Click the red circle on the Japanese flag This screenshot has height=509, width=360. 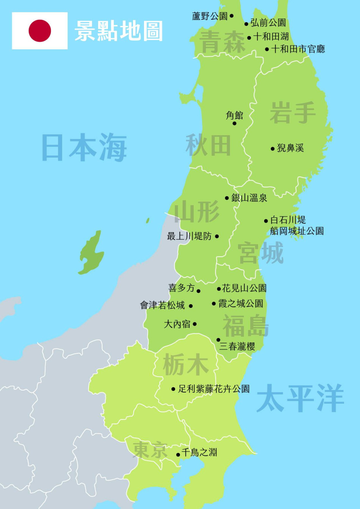[40, 31]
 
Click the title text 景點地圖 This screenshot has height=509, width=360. [119, 31]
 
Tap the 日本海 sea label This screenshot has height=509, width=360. [84, 148]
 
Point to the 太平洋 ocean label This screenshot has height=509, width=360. [300, 398]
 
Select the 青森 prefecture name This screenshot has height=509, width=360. [223, 42]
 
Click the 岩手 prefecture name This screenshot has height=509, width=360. [293, 113]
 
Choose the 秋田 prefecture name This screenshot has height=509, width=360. [208, 145]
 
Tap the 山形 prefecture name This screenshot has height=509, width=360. [197, 212]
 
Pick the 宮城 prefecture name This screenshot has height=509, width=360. [261, 253]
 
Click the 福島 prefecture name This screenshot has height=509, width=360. [246, 326]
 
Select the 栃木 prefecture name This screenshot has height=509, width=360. [186, 365]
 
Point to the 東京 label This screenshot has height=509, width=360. [150, 450]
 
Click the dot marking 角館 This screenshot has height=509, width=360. [234, 123]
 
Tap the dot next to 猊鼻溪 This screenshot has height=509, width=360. [272, 149]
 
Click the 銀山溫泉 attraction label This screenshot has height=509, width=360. [249, 198]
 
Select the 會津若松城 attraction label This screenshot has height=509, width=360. [163, 305]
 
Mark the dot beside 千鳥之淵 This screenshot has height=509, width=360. [178, 454]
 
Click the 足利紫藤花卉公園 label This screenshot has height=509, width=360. [214, 389]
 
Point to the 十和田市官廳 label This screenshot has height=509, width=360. [298, 49]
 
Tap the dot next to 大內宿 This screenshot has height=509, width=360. [195, 324]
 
